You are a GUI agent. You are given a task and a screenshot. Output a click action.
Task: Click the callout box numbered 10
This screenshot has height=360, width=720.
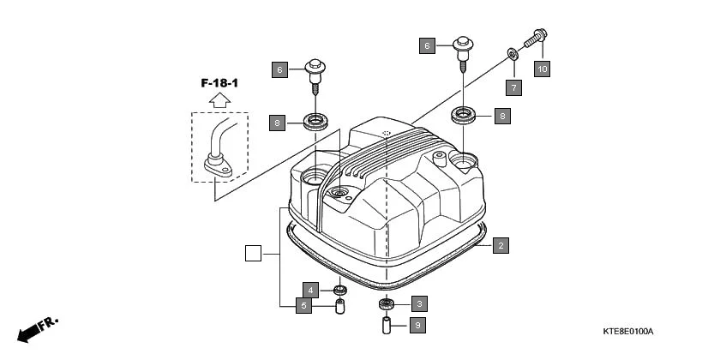(542, 69)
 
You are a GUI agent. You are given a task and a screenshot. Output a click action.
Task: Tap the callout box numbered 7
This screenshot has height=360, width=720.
(513, 87)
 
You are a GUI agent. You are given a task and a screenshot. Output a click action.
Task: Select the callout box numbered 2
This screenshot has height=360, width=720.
(501, 245)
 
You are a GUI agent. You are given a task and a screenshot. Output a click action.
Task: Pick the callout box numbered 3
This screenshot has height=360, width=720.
(418, 303)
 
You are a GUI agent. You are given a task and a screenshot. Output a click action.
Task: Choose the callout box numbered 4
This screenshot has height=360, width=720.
(312, 291)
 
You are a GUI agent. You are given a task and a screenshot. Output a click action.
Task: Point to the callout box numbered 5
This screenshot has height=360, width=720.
(303, 306)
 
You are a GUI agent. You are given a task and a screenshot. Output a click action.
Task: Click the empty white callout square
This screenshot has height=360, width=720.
(252, 253)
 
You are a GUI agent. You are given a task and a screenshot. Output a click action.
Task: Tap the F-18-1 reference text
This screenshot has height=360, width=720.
(219, 83)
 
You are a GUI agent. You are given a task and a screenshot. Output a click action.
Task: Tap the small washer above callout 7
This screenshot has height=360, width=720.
(513, 55)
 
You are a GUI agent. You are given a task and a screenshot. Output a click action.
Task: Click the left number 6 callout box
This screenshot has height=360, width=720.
(279, 69)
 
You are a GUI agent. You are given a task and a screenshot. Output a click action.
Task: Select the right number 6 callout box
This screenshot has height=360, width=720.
(428, 45)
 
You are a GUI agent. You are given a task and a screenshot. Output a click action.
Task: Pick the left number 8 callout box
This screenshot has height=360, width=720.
(276, 123)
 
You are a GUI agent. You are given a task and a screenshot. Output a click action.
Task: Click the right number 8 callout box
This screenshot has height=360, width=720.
(503, 115)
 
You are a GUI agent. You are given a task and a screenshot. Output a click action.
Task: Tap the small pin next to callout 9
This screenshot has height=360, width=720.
(387, 326)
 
